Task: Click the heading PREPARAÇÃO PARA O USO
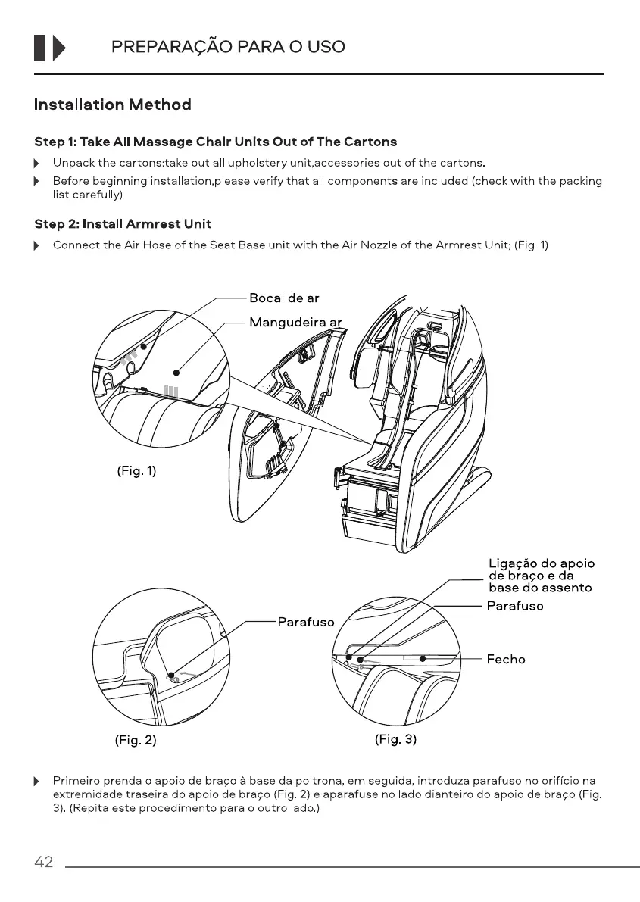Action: (228, 47)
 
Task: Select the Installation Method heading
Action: (112, 105)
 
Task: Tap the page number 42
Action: (43, 862)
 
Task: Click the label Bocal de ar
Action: (284, 298)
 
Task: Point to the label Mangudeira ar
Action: (295, 323)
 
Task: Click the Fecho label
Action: (505, 660)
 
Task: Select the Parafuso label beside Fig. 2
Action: (305, 622)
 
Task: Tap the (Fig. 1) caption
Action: (136, 471)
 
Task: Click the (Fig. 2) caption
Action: (136, 741)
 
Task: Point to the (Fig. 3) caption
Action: (395, 739)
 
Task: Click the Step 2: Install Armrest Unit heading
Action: (123, 224)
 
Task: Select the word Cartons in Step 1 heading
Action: (370, 142)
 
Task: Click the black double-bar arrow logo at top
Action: (50, 48)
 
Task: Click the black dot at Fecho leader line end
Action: (423, 659)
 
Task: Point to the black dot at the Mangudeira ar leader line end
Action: (175, 372)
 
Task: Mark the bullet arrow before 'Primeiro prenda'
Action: (36, 781)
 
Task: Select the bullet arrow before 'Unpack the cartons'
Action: (36, 164)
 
